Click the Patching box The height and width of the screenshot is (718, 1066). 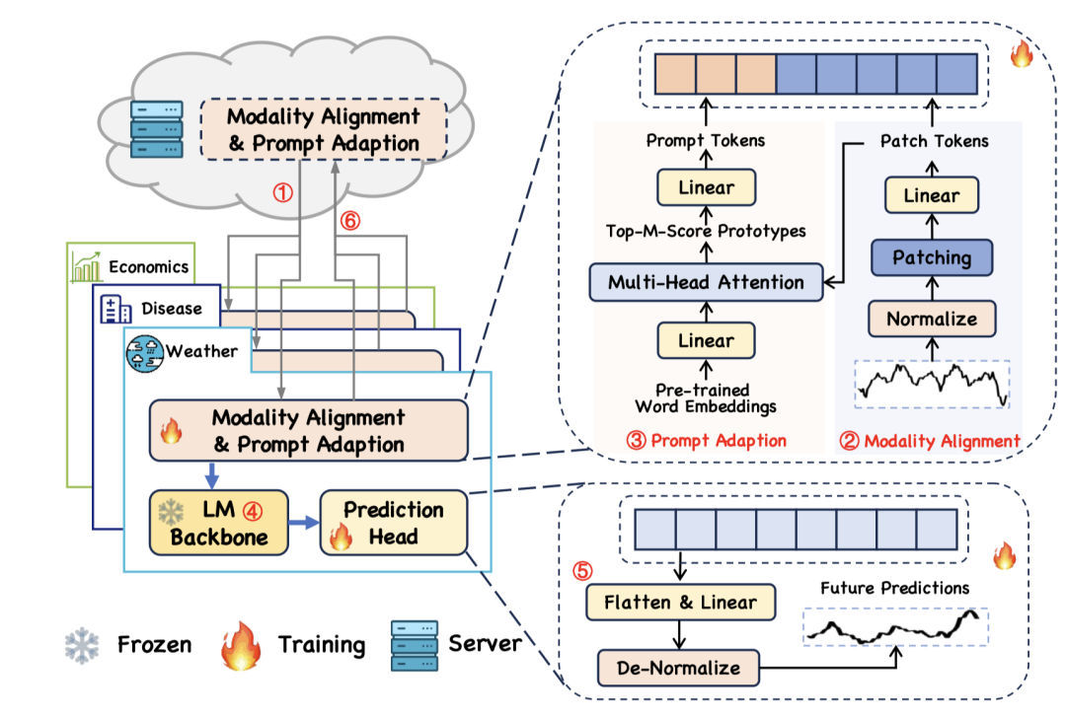point(932,258)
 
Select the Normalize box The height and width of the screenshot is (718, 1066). point(932,319)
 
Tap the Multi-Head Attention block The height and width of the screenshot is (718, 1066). point(706,282)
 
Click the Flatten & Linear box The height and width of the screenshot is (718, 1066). point(680,602)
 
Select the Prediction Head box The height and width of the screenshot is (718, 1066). point(393,523)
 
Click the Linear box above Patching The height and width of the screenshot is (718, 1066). point(932,195)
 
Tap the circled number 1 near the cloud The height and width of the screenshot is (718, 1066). point(283,194)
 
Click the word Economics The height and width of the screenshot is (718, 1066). point(148,267)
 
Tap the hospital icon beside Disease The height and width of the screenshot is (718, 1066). point(117,310)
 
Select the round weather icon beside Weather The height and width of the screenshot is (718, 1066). point(145,352)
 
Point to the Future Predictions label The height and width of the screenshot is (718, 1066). point(894,588)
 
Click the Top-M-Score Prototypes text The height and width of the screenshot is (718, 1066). point(706,233)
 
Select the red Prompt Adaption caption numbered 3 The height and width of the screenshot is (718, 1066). point(706,440)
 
